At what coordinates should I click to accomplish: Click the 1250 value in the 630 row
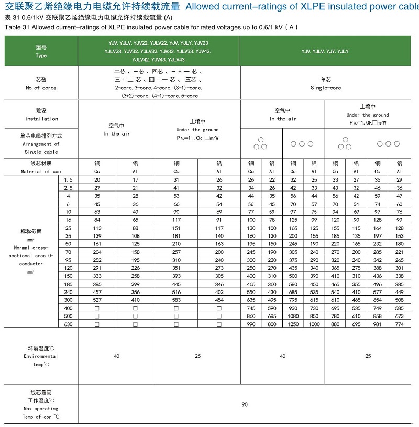coord(293,324)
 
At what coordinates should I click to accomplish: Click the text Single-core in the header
coord(325,88)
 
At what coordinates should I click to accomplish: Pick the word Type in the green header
coord(41,55)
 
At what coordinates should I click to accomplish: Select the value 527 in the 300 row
coord(97,300)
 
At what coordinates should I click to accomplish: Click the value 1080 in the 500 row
coord(293,317)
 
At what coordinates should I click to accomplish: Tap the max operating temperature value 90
coord(245,404)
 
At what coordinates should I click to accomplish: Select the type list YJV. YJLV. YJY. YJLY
coord(325,51)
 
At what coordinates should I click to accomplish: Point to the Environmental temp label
coord(41,356)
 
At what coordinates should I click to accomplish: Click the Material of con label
coord(41,171)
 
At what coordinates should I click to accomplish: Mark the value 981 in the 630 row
coord(378,324)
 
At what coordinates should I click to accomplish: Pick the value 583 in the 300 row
coord(176,300)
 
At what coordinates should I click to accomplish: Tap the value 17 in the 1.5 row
coord(136,179)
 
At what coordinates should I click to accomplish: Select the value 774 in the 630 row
coord(400,324)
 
